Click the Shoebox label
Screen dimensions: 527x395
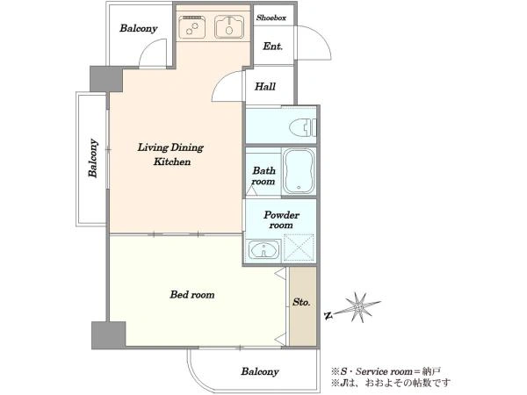[271, 18]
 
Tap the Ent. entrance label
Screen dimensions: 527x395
[272, 46]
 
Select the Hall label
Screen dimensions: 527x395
[265, 87]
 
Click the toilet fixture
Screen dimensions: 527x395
[302, 127]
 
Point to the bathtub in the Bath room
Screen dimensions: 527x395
[300, 171]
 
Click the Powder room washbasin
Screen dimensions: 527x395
[264, 250]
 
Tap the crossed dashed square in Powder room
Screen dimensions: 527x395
[299, 248]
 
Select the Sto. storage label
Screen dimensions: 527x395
[301, 302]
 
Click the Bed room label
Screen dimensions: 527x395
[191, 295]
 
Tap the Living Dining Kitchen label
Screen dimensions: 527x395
[170, 154]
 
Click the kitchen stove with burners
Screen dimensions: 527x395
[191, 27]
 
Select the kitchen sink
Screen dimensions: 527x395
[229, 27]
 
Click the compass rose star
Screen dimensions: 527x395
[359, 307]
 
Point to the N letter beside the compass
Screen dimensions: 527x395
[328, 315]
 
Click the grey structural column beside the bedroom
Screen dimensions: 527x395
[109, 335]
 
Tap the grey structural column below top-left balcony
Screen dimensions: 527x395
[106, 79]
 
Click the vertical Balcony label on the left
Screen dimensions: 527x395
[93, 158]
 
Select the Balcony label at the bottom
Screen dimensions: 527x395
[260, 372]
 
